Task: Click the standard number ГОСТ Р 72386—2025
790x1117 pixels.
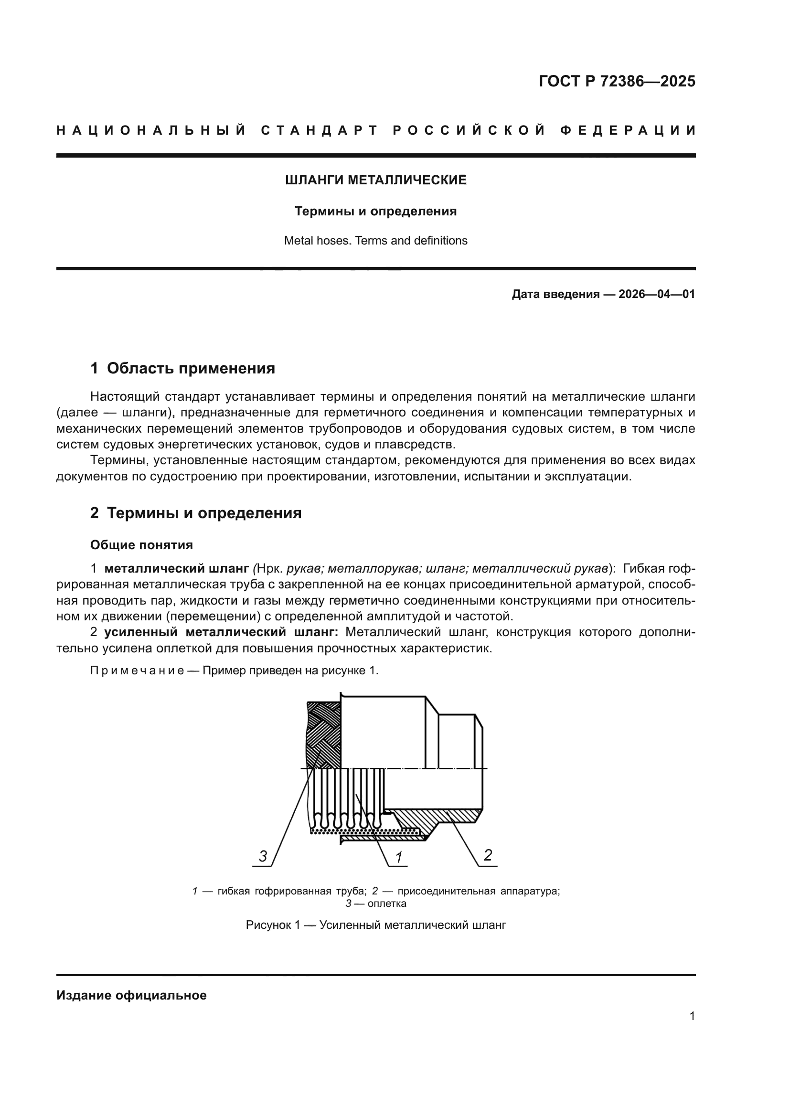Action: click(x=617, y=81)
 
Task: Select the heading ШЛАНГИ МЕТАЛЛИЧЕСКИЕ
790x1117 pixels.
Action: click(x=375, y=181)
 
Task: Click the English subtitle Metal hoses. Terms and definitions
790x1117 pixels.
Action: click(x=375, y=241)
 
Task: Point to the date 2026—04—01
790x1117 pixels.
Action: click(x=656, y=294)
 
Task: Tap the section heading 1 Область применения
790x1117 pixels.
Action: click(x=183, y=368)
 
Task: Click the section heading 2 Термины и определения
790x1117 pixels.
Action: click(x=195, y=513)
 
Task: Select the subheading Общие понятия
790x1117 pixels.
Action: click(x=141, y=545)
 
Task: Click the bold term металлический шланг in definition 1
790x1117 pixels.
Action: click(x=177, y=568)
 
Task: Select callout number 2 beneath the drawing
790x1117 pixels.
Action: click(x=488, y=855)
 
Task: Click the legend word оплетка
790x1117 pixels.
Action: click(x=387, y=904)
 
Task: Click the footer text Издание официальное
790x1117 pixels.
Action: click(x=131, y=995)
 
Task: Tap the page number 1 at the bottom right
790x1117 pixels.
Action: click(x=692, y=1016)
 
